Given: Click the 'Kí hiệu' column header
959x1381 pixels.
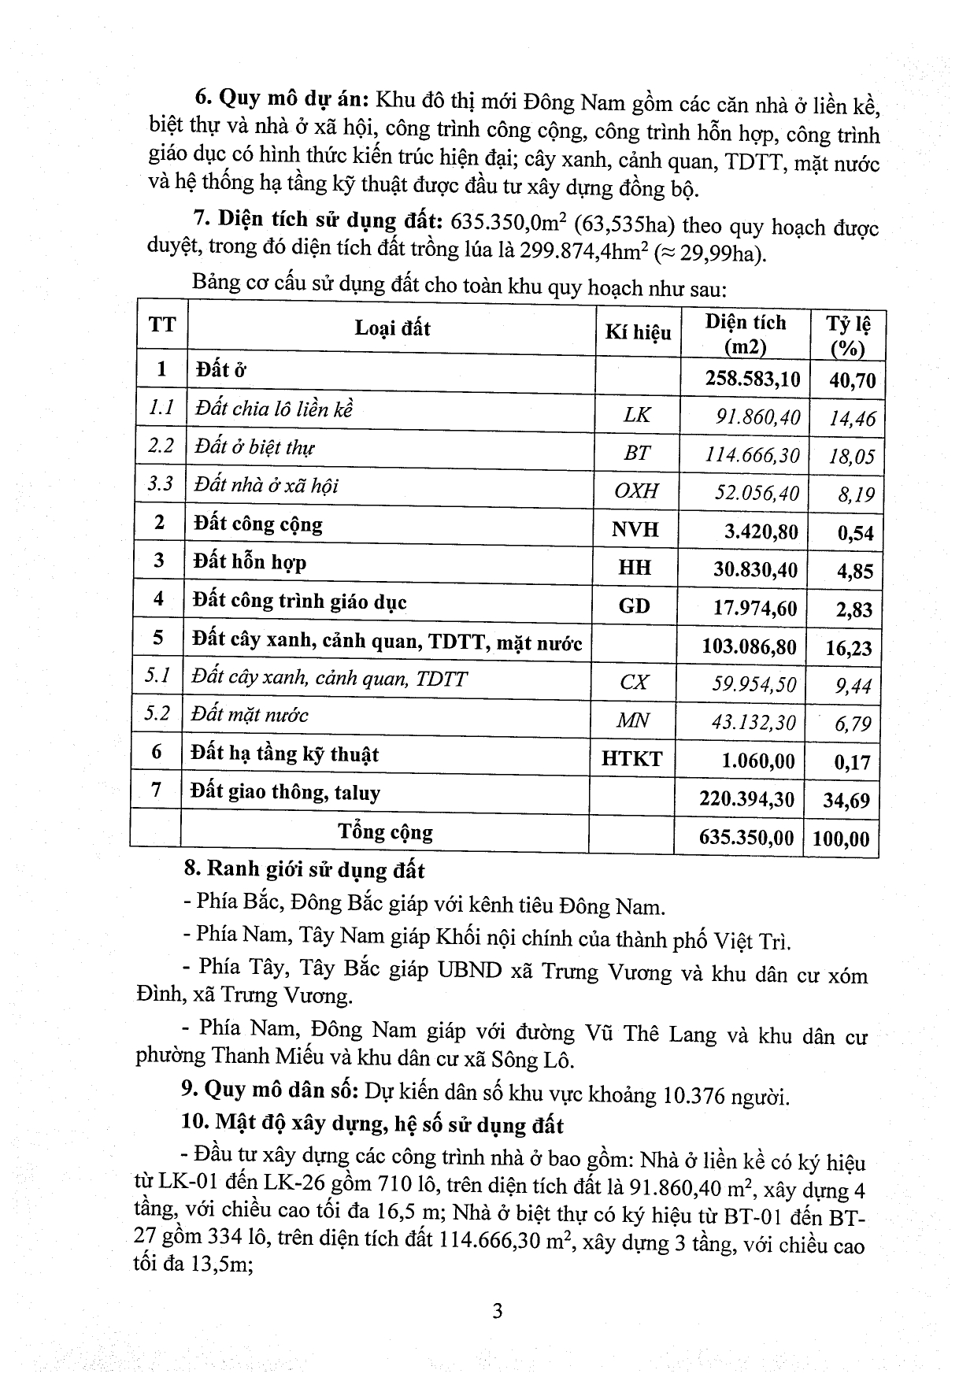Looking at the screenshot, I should coord(638,332).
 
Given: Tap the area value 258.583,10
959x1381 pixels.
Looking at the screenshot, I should coord(753,379).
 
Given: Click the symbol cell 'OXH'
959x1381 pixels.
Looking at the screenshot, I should coord(635,491).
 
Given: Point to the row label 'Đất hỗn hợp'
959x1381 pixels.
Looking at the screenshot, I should coord(250,562).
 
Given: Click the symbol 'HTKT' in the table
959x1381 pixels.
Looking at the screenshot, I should coord(631,759).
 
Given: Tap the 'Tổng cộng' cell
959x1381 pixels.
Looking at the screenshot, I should coord(385,832).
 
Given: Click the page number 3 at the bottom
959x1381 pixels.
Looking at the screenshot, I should coord(497,1311).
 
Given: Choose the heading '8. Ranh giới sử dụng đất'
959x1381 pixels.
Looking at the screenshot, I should coord(304,870).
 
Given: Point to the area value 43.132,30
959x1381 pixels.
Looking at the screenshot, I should coord(753,722).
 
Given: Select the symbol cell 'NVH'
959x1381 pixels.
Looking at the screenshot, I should coord(635,529).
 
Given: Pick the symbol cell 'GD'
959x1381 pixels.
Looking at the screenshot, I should coord(635,605).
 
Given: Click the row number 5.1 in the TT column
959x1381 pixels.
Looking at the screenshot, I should coord(157,676).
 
